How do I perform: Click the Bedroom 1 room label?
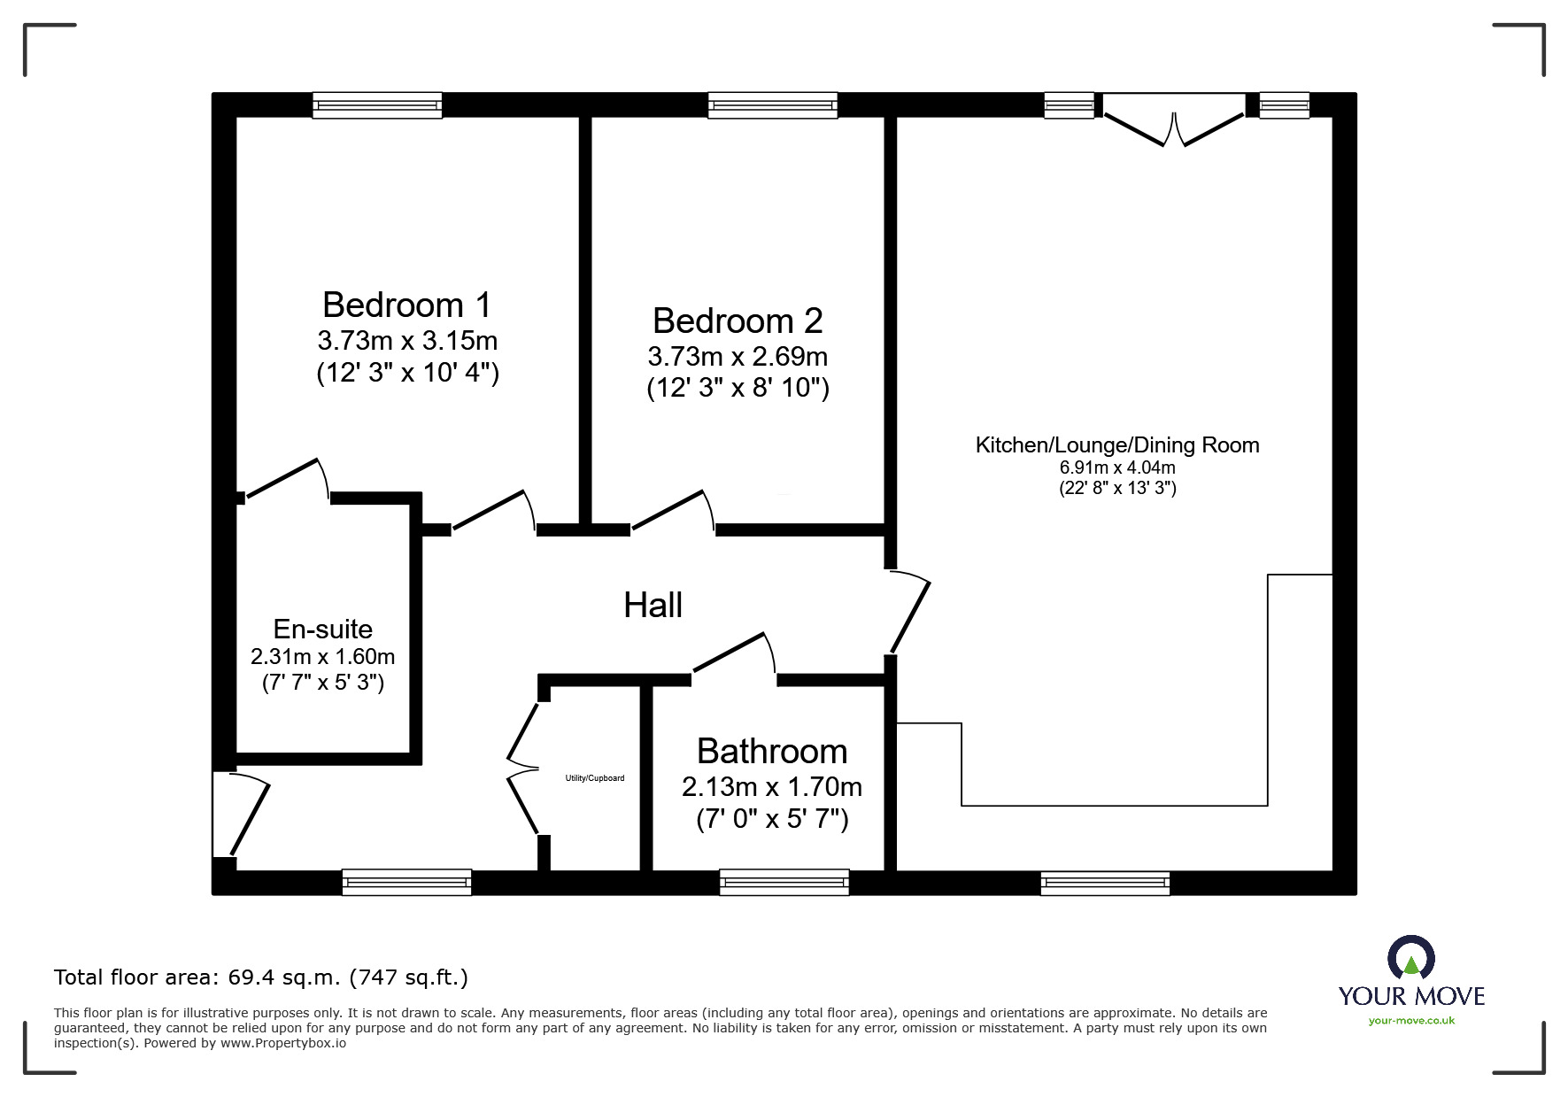point(406,305)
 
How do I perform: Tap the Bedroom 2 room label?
point(738,321)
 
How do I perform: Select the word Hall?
point(653,606)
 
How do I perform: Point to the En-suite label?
point(323,629)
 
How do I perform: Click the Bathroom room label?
point(772,751)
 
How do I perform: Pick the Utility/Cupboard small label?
point(595,778)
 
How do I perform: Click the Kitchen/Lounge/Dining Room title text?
point(1117,445)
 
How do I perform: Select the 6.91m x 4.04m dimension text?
point(1117,467)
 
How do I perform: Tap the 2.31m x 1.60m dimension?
point(323,657)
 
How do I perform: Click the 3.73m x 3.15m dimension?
point(407,340)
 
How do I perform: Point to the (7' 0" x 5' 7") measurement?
point(772,819)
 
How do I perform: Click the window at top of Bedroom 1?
point(377,105)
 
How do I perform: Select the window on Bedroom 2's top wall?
point(773,105)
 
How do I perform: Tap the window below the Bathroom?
point(784,883)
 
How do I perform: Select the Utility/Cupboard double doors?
point(524,769)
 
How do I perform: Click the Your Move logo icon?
point(1411,959)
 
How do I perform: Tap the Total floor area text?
point(261,977)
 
